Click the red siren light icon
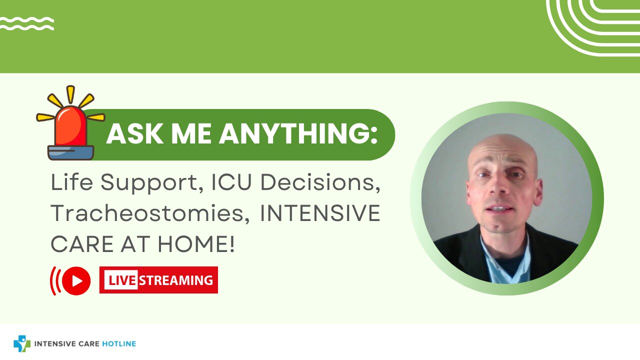click(70, 123)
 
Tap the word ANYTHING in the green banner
click(298, 133)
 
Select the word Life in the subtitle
click(71, 182)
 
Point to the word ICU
click(231, 182)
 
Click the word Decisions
click(320, 183)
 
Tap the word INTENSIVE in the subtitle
click(320, 213)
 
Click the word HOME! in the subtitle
click(196, 244)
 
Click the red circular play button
click(76, 281)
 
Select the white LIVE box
click(121, 280)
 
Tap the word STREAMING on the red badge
click(176, 280)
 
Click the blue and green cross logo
click(22, 343)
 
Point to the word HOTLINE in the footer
click(119, 343)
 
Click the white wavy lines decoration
click(26, 23)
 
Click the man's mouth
click(499, 208)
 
